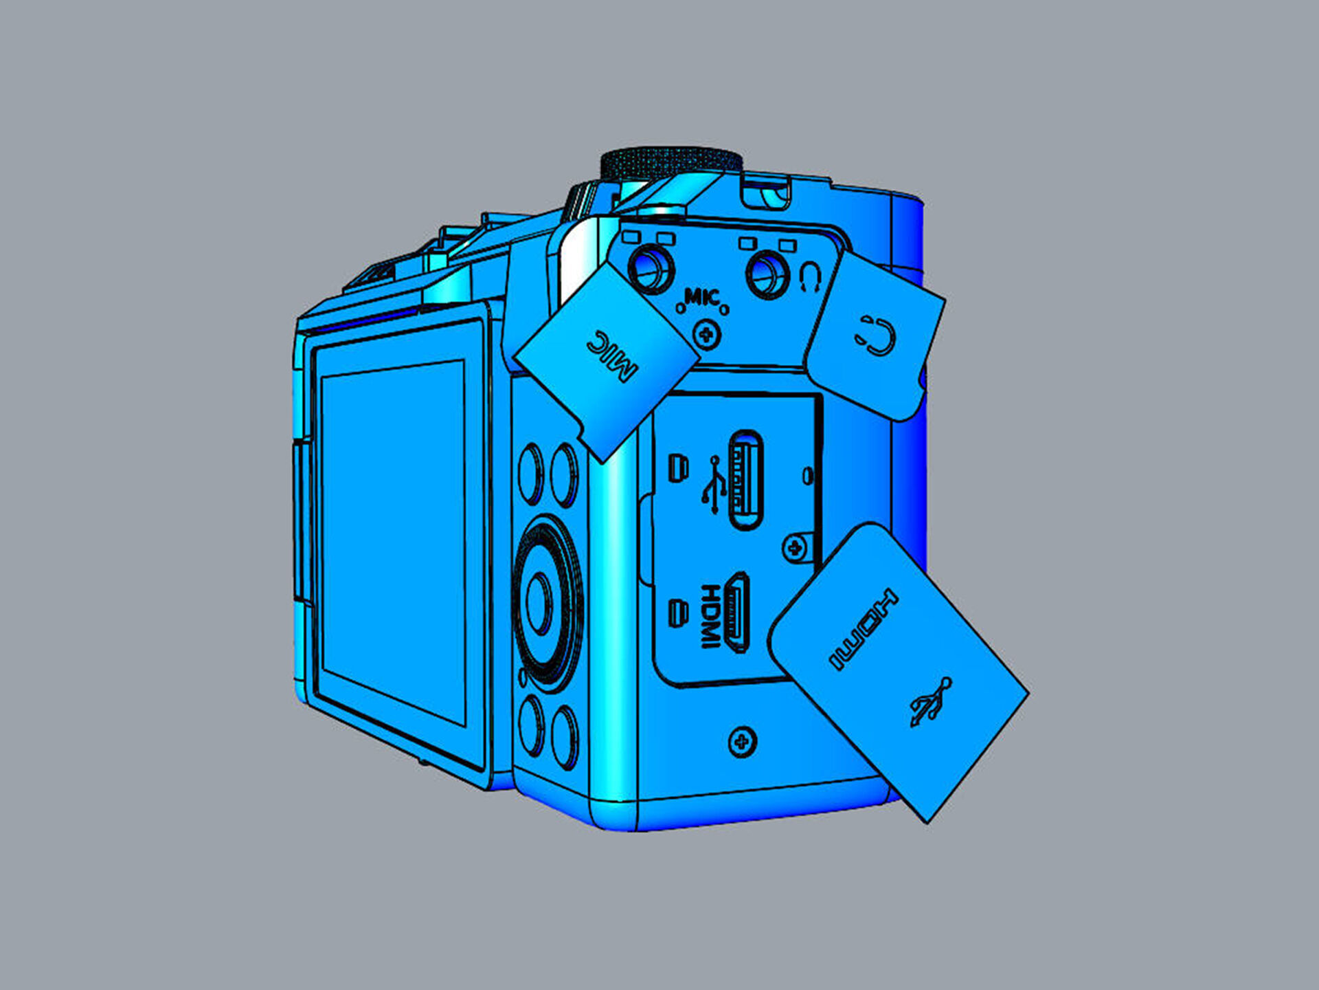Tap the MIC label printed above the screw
(x=702, y=298)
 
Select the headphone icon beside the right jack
(x=810, y=277)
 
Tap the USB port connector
(x=745, y=479)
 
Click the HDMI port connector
(x=737, y=611)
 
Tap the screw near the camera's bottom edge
(x=742, y=741)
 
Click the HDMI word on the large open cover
(x=864, y=629)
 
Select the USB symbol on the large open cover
(x=931, y=702)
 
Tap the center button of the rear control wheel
(x=539, y=602)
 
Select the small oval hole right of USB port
(x=808, y=475)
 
